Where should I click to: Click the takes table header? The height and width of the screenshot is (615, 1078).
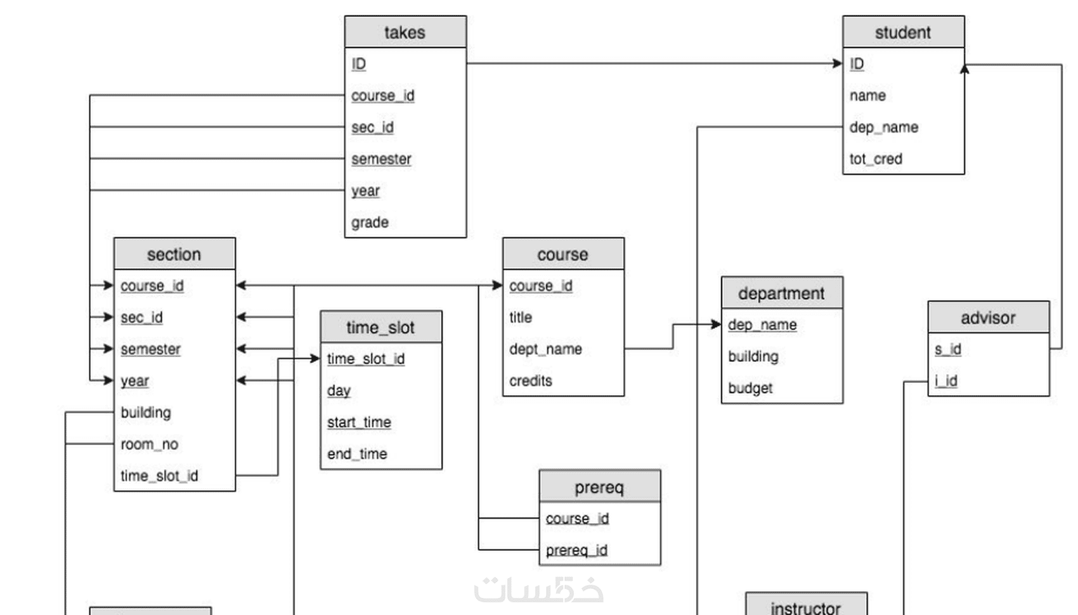[405, 32]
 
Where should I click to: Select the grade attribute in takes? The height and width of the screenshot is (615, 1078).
[370, 223]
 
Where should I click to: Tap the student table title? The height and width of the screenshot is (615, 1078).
[903, 32]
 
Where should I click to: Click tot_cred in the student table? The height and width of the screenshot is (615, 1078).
[876, 159]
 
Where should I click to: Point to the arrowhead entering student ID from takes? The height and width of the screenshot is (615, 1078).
[838, 63]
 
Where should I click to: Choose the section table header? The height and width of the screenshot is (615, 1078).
[174, 254]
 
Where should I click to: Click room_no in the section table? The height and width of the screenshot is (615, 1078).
[149, 444]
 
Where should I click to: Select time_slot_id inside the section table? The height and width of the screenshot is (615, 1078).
[159, 476]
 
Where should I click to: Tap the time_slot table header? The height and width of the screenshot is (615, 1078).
[381, 327]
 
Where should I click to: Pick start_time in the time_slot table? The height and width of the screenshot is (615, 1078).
[359, 422]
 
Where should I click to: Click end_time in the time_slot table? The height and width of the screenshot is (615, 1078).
[357, 454]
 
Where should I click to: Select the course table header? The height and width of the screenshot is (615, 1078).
[564, 254]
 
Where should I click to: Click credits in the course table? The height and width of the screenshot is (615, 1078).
[531, 380]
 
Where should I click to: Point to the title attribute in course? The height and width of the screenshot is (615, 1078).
[521, 317]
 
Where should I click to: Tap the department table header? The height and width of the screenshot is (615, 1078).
[782, 292]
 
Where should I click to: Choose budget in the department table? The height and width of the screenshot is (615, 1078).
[750, 388]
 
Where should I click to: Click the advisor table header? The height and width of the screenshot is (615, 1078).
[989, 317]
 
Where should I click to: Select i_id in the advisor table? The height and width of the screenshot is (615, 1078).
[946, 380]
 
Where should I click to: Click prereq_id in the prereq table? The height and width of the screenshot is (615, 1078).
[576, 550]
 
